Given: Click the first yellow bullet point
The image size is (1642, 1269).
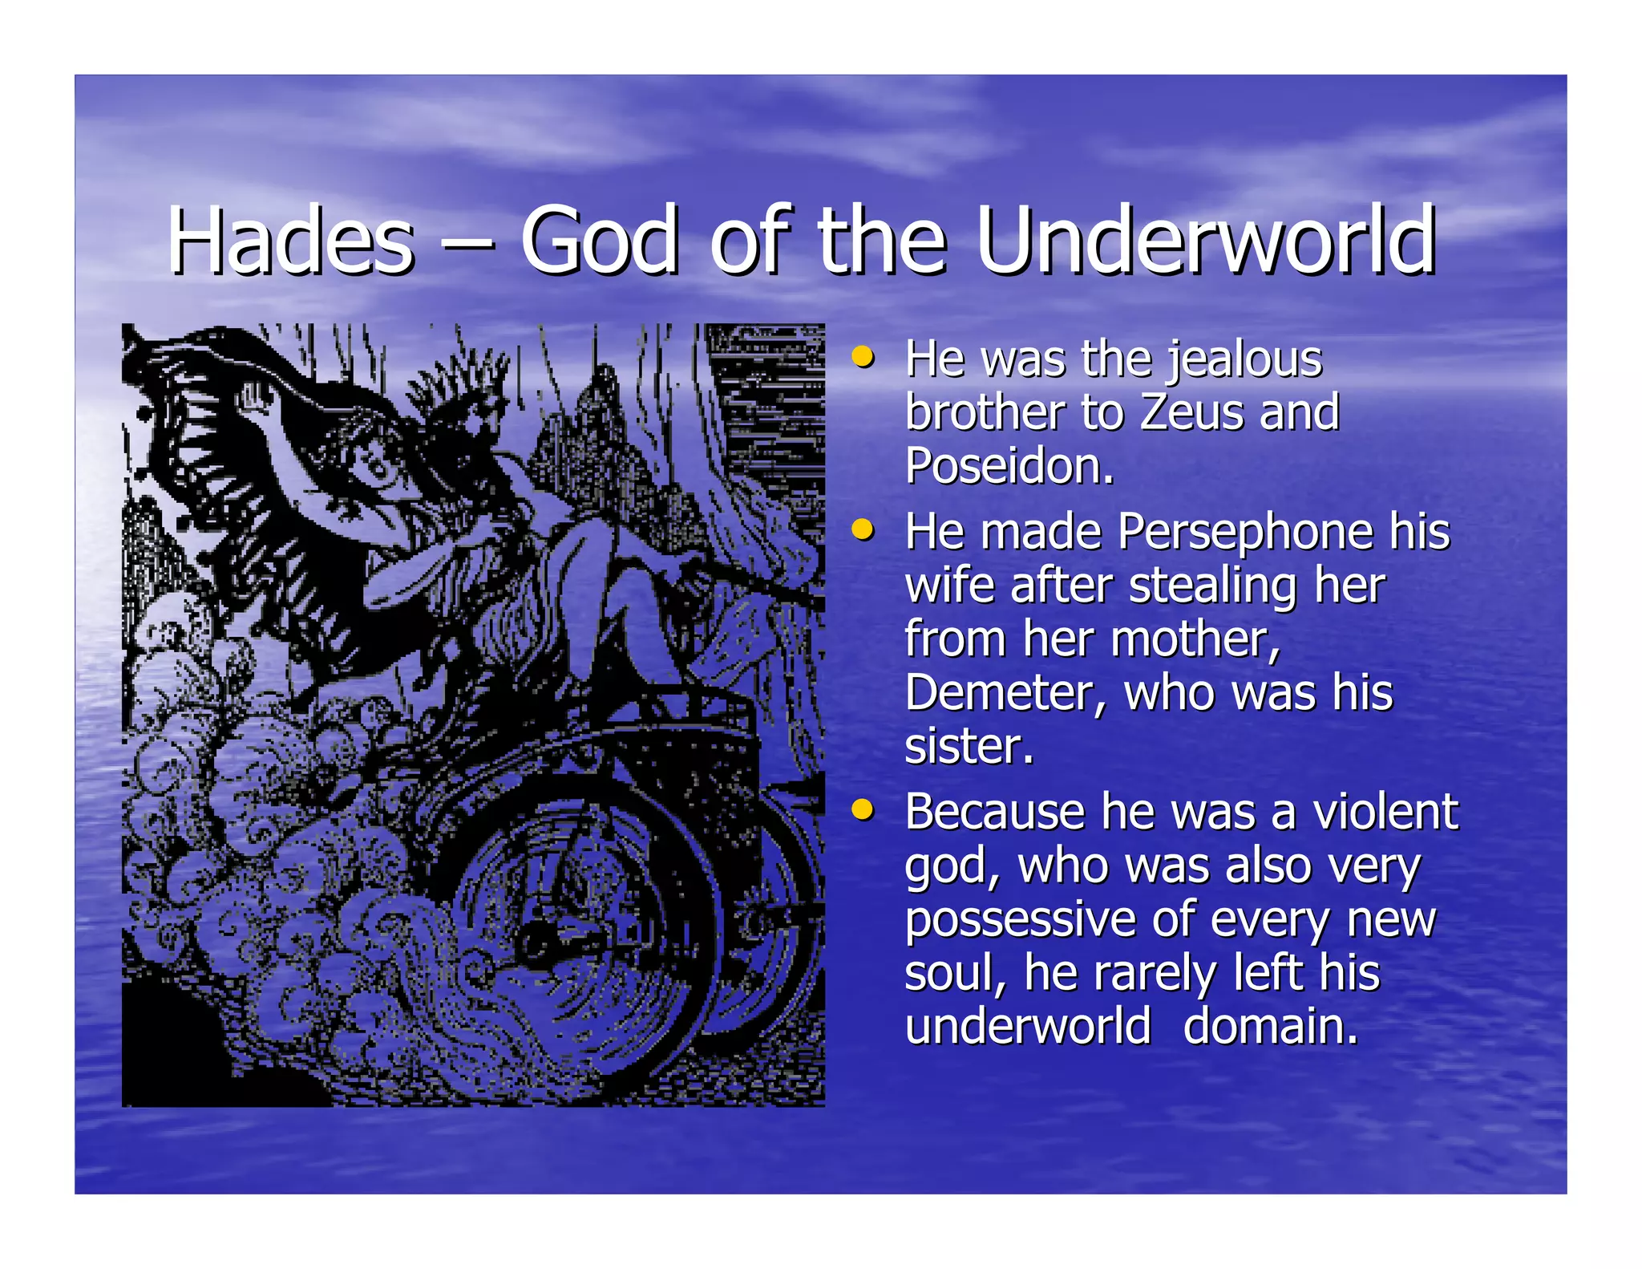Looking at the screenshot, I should click(x=863, y=355).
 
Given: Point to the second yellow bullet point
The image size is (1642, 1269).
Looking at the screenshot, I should click(x=863, y=529).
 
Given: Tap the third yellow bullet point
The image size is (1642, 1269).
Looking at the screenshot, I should click(x=863, y=809).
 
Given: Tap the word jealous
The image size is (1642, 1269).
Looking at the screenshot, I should click(x=1243, y=359).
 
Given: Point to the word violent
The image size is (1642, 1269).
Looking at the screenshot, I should click(x=1385, y=812).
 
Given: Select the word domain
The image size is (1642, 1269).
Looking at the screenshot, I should click(x=1270, y=1027).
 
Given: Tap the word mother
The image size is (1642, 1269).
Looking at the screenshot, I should click(x=1195, y=640).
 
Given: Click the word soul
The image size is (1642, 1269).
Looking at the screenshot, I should click(x=952, y=973).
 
